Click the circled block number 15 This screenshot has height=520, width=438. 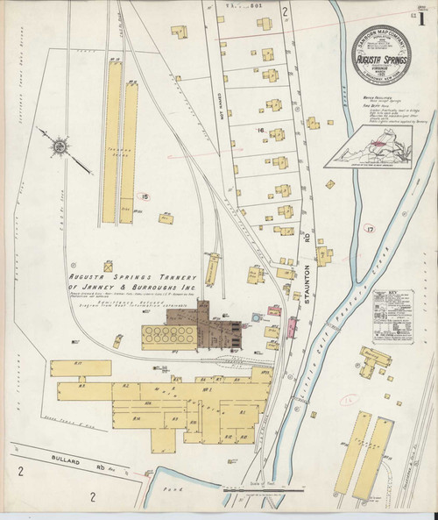(145, 196)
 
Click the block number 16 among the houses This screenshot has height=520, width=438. (259, 131)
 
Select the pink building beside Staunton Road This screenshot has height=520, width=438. (292, 329)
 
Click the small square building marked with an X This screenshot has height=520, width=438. (108, 265)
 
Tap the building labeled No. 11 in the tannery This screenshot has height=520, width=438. (78, 365)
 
